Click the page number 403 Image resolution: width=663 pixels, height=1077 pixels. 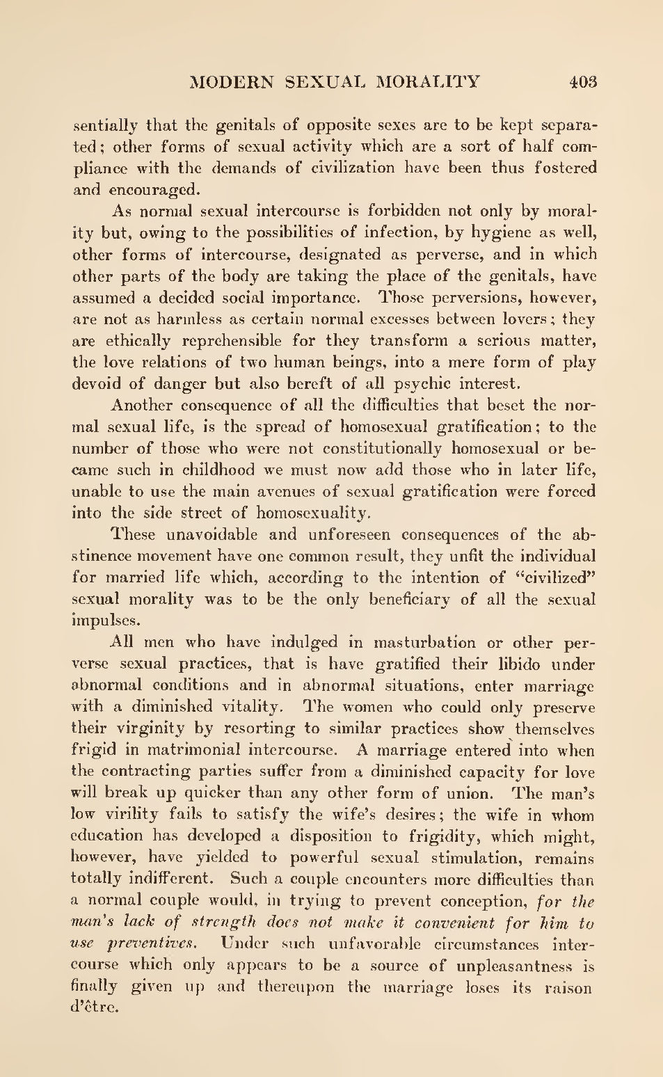(x=583, y=82)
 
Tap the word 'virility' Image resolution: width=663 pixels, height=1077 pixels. (x=132, y=815)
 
